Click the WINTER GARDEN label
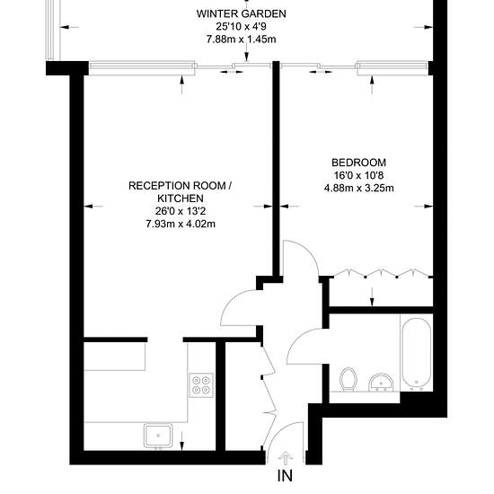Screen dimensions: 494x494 242,13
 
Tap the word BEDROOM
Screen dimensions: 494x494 359,163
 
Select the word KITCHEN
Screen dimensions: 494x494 181,198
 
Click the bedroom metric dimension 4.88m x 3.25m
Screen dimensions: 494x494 359,188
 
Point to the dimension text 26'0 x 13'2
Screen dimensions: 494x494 181,211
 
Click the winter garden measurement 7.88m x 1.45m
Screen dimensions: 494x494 242,40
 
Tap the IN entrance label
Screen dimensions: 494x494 285,475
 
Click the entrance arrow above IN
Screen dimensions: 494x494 286,458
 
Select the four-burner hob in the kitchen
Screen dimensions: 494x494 201,385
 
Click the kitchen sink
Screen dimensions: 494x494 158,436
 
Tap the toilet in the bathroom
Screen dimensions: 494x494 348,379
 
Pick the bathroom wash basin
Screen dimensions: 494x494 381,382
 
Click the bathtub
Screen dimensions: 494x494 417,354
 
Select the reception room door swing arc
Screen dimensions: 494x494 233,299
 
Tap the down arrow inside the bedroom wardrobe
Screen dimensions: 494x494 372,296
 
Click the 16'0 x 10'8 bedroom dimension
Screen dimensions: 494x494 359,175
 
